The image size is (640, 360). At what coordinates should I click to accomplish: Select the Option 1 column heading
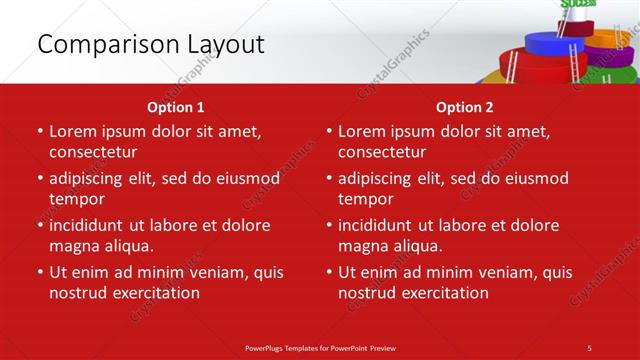(x=176, y=107)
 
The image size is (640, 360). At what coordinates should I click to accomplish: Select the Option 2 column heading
(x=465, y=107)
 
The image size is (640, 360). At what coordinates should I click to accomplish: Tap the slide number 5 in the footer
(x=590, y=347)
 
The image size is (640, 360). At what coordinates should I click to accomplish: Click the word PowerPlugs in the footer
(x=269, y=347)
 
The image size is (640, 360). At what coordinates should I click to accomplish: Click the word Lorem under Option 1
(x=72, y=131)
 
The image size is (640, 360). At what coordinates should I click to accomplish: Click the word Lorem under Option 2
(x=361, y=131)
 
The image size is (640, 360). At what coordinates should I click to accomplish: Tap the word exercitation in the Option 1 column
(x=151, y=293)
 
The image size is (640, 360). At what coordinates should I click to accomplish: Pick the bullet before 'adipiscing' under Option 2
(x=328, y=178)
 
